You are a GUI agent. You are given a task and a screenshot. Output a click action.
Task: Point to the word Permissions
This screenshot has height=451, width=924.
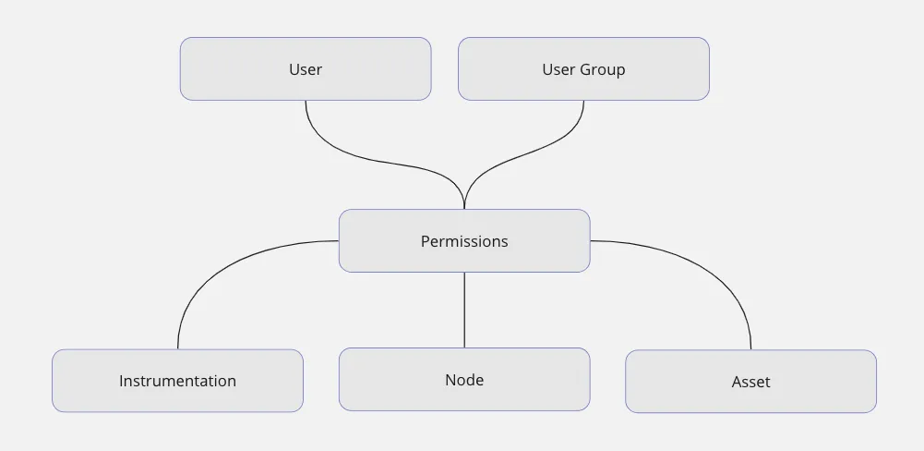[x=464, y=241]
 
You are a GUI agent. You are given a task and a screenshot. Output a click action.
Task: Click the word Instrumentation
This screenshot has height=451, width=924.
[x=177, y=381]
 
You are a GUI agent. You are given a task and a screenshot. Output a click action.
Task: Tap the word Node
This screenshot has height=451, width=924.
[x=464, y=380]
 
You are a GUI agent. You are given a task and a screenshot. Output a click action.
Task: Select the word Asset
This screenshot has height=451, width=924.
[x=750, y=382]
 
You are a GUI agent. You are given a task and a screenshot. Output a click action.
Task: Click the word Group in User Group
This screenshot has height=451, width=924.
[x=604, y=69]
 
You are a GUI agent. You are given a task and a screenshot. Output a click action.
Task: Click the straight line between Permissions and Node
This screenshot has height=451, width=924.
[x=464, y=310]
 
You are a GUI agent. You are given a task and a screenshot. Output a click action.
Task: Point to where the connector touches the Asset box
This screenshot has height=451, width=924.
[x=750, y=349]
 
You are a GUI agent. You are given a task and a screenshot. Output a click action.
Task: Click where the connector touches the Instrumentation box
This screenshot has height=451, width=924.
[x=177, y=348]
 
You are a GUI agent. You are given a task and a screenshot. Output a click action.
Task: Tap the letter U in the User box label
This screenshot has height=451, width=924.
[x=294, y=69]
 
